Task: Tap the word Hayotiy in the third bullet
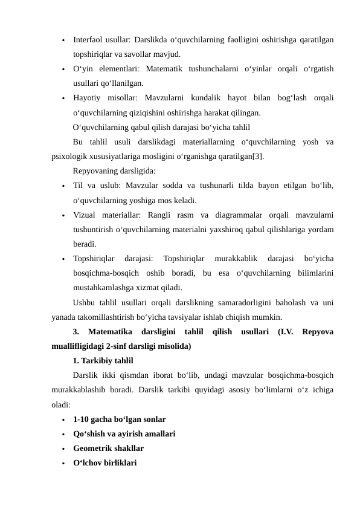click(x=88, y=99)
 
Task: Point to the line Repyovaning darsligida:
click(x=114, y=171)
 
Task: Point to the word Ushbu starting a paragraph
click(x=85, y=302)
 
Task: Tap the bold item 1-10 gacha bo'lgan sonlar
click(x=119, y=419)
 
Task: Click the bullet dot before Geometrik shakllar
click(x=62, y=449)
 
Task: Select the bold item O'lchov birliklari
click(x=104, y=463)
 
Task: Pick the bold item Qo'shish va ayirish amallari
click(x=124, y=433)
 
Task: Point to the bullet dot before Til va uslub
click(x=62, y=186)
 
